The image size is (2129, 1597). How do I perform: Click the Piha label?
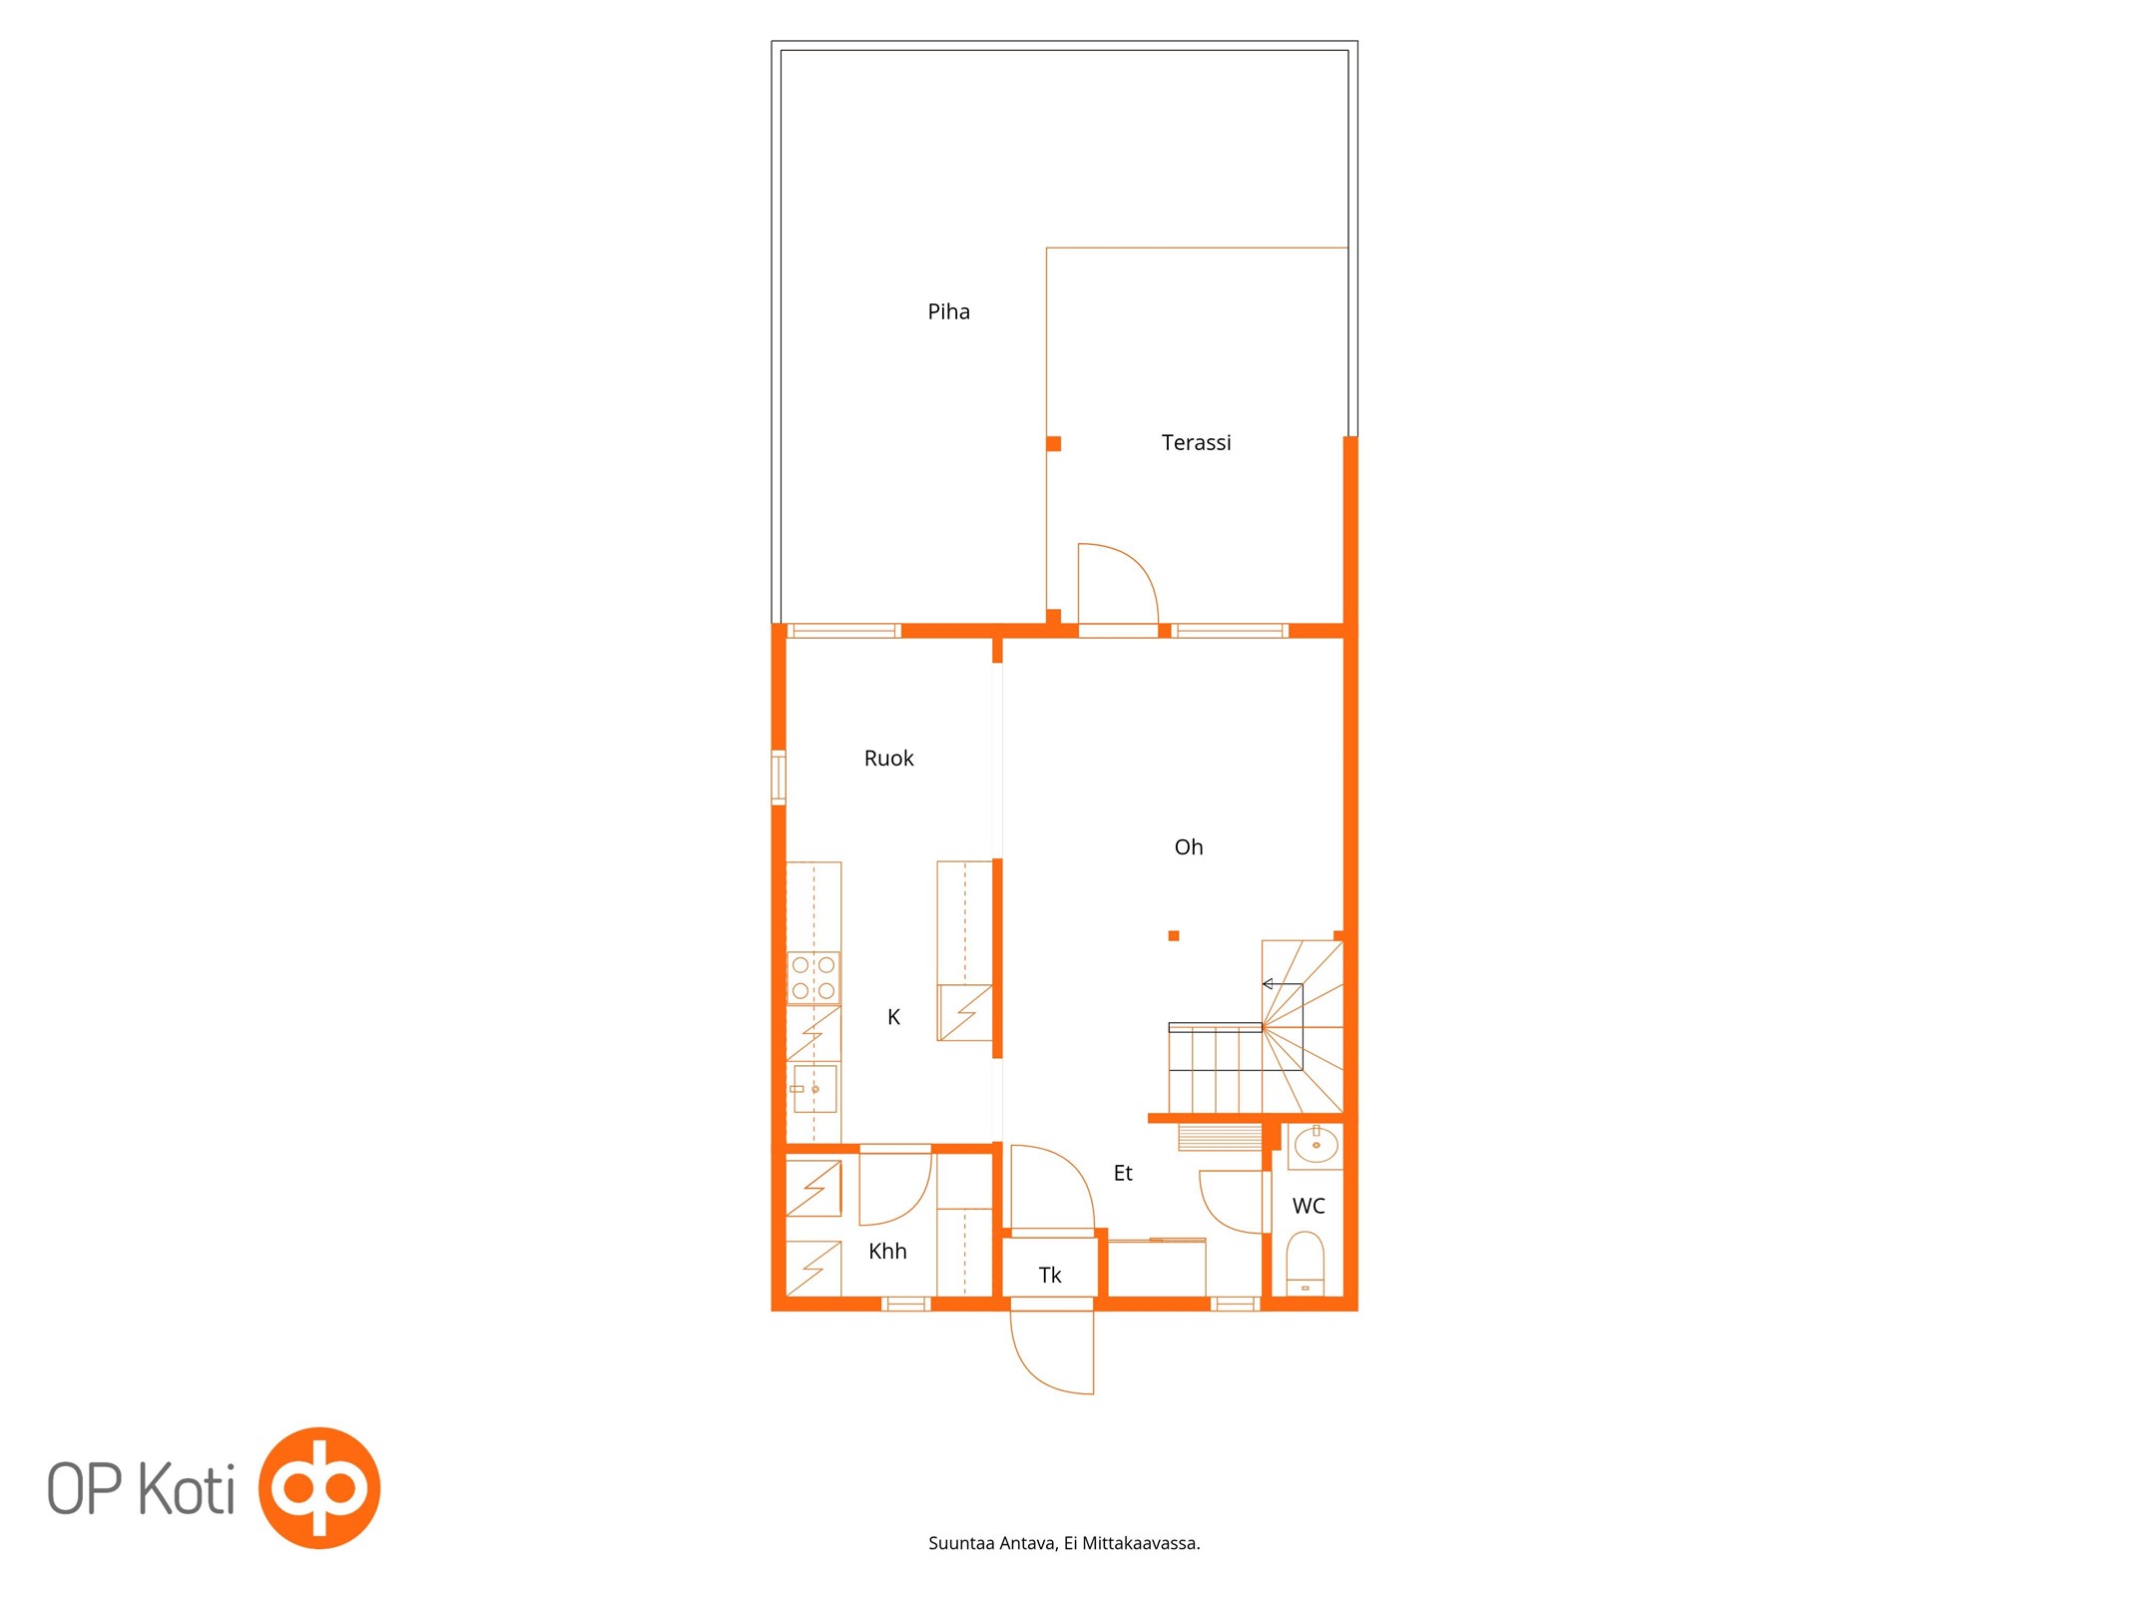[x=948, y=312]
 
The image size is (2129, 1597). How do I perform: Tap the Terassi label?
[x=1196, y=442]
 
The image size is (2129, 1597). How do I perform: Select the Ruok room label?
[x=888, y=759]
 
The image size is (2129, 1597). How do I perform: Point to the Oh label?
[x=1188, y=847]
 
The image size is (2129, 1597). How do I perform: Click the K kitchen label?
[x=893, y=1017]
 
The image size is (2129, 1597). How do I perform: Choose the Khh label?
[x=887, y=1251]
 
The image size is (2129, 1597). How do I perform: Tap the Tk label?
[x=1050, y=1275]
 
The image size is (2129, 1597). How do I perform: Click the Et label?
[x=1123, y=1173]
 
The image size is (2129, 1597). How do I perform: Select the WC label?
[x=1309, y=1206]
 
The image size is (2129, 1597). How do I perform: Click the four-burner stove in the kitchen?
[x=813, y=978]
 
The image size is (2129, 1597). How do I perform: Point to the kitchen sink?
[x=814, y=1089]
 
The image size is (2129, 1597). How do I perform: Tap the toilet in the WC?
[x=1305, y=1265]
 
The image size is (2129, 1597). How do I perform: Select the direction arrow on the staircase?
[x=1283, y=984]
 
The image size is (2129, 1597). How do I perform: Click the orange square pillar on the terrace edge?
[x=1053, y=444]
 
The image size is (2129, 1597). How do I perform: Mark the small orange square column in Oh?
[x=1174, y=936]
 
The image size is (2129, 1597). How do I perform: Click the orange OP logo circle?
[x=319, y=1488]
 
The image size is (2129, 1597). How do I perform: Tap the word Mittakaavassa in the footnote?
[x=1142, y=1543]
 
